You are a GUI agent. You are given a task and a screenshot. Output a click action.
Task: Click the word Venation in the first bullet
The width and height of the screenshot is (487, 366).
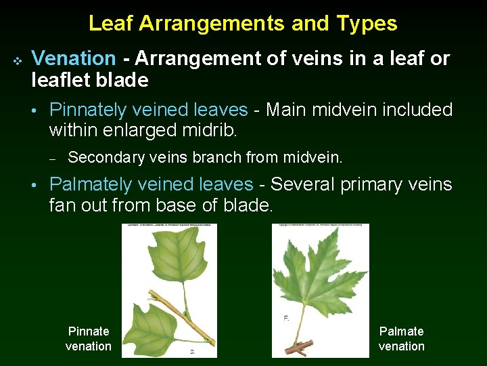coord(74,59)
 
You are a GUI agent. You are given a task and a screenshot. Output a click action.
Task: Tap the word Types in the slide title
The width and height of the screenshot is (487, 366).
coord(367,24)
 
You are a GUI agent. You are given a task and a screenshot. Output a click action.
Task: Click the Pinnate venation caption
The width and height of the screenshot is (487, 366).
coord(89,339)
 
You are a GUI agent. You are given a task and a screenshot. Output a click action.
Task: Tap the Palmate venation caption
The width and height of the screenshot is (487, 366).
coord(401,339)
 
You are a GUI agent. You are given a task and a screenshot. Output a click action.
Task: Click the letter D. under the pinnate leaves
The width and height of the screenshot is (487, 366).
coord(193,351)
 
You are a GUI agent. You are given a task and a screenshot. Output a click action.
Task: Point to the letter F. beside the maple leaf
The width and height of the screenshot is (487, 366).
coord(285,319)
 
